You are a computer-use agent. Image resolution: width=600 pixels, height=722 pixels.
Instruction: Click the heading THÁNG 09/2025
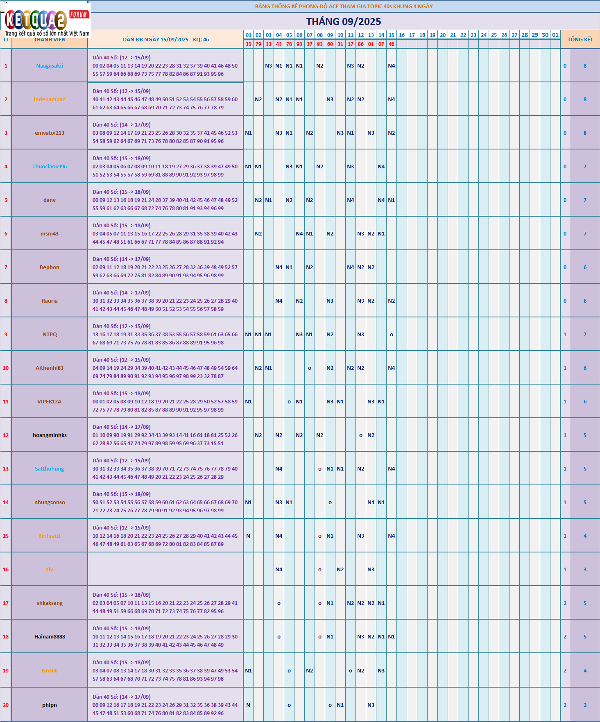[x=343, y=22]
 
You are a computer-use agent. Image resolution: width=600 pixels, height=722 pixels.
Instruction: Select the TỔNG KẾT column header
[x=580, y=39]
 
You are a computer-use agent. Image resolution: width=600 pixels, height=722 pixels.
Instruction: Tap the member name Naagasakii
[x=50, y=66]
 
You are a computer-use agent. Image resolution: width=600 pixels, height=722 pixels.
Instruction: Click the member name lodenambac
[x=50, y=100]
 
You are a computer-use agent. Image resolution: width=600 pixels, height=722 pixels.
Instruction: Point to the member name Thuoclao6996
[x=50, y=167]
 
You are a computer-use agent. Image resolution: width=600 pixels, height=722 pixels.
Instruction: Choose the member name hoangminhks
[x=50, y=435]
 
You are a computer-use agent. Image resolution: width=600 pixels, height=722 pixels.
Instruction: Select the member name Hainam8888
[x=50, y=637]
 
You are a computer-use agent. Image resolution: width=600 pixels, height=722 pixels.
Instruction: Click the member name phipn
[x=50, y=705]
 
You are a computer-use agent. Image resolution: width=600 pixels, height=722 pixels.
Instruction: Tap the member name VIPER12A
[x=50, y=402]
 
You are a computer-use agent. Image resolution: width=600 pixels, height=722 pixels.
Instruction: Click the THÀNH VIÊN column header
[x=50, y=40]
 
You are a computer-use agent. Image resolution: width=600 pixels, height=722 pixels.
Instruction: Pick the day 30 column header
[x=545, y=35]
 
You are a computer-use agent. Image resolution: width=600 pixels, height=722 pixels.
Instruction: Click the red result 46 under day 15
[x=392, y=44]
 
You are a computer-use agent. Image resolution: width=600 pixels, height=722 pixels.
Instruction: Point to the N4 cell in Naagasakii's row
[x=392, y=66]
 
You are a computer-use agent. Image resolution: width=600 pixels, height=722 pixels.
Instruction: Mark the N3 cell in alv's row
[x=371, y=570]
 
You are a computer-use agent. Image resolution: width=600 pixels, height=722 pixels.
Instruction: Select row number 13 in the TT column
[x=6, y=469]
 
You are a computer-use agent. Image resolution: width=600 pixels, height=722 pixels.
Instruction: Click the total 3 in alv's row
[x=585, y=570]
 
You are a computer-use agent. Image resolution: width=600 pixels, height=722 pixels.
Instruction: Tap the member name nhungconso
[x=50, y=502]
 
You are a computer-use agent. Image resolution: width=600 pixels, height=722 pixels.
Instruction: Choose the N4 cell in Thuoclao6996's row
[x=381, y=167]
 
